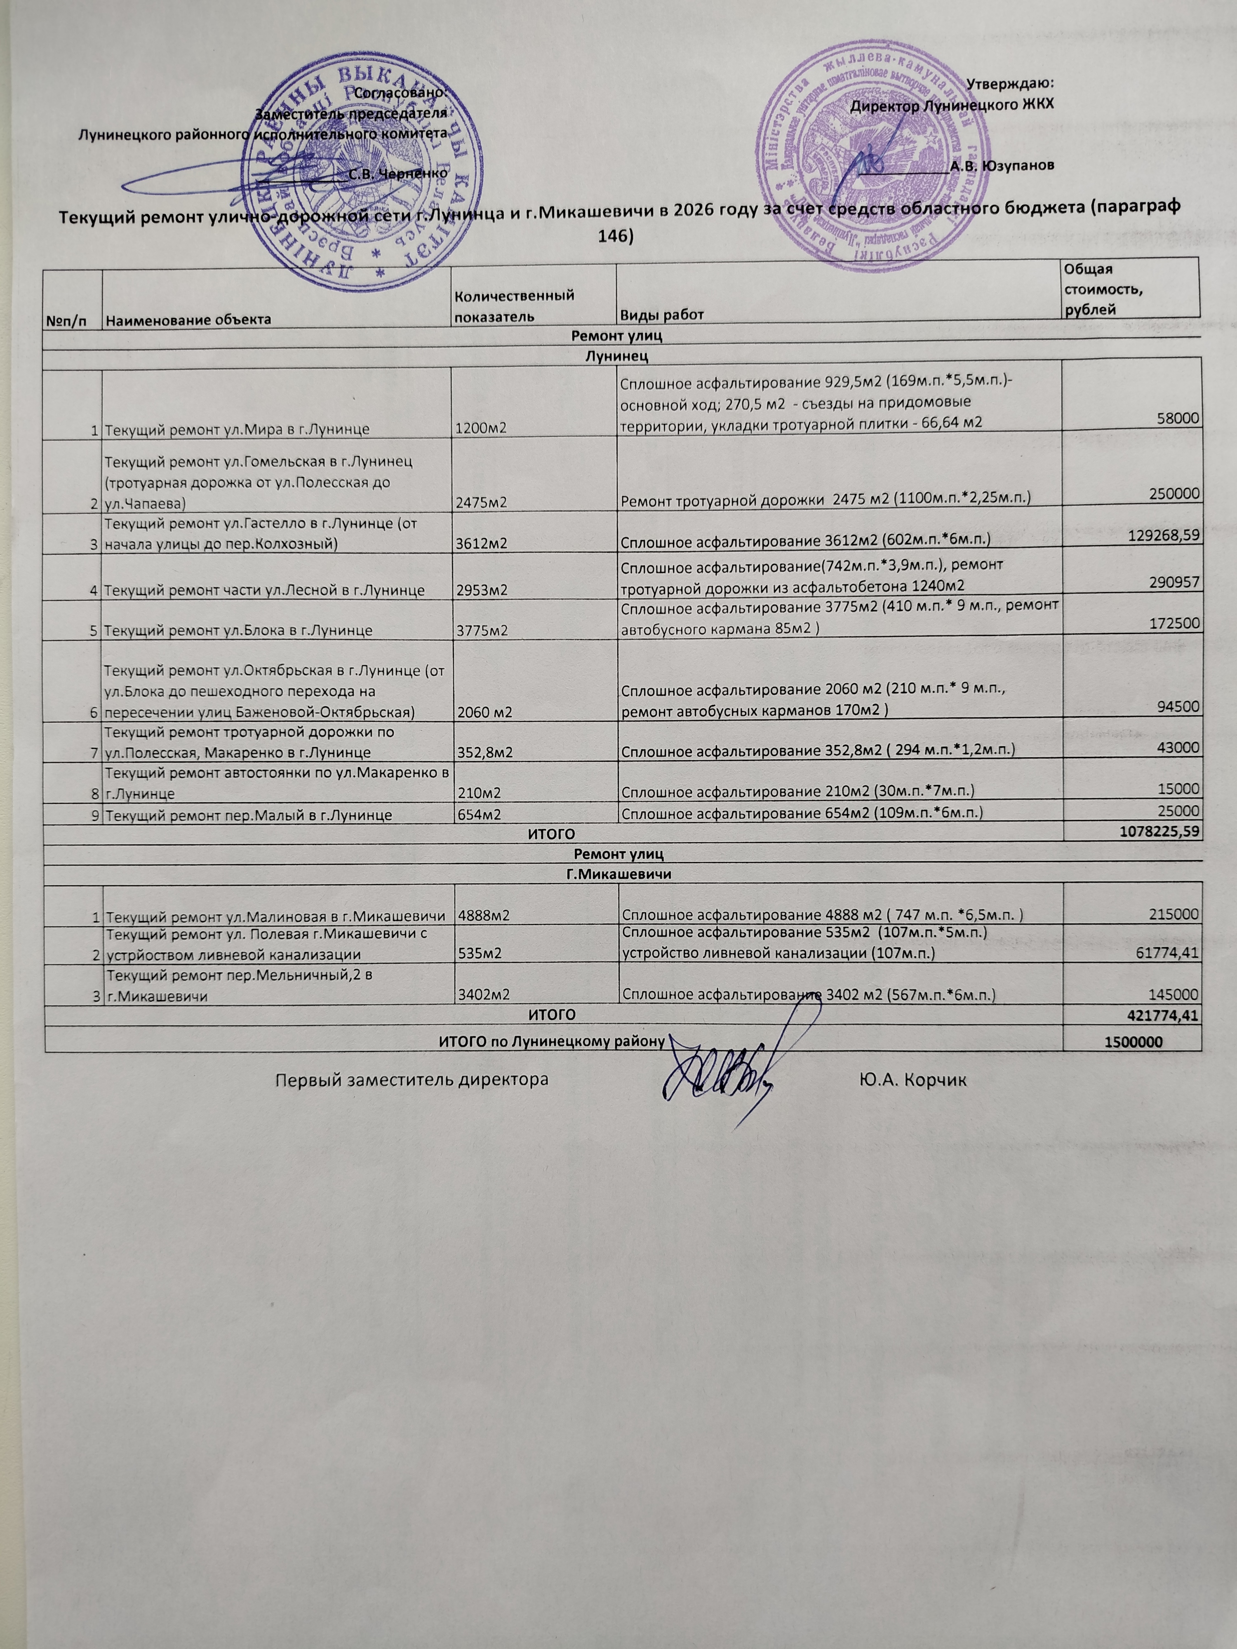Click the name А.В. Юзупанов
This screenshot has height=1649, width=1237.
tap(1002, 165)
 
